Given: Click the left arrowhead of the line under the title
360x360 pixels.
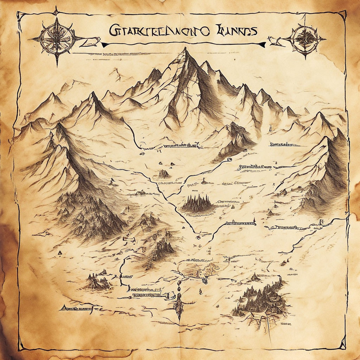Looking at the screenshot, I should tap(104, 45).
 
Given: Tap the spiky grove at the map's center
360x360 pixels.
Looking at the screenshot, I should tap(198, 204).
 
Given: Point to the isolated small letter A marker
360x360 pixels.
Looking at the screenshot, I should tap(60, 252).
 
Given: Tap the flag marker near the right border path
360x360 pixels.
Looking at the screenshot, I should tap(321, 222).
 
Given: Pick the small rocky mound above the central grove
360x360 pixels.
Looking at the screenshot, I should tap(164, 174).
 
